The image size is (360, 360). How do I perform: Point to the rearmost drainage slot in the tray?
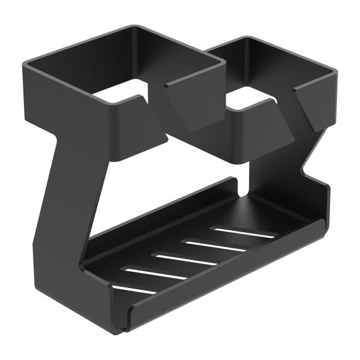[x=244, y=232]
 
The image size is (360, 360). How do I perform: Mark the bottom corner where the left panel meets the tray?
[x=96, y=282]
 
